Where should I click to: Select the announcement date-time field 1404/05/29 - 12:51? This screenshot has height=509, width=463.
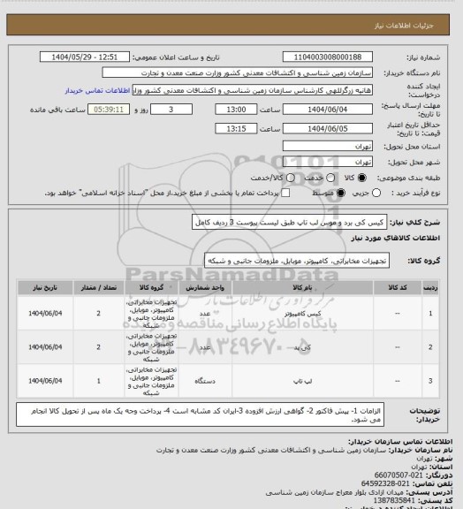click(x=87, y=57)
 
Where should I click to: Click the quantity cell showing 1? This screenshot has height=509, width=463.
click(x=96, y=381)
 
